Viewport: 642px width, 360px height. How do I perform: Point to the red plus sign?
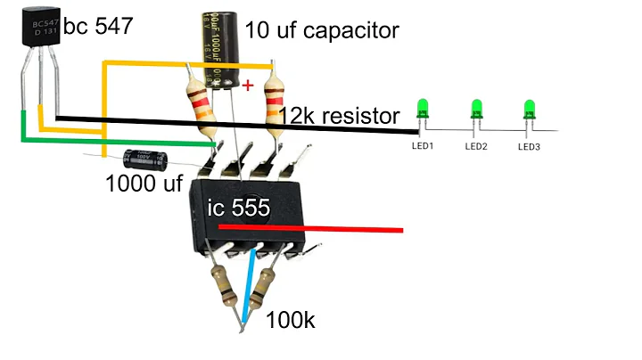[248, 86]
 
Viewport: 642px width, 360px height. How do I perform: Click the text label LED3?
[529, 146]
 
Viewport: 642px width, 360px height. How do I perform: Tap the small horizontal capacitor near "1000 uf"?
[144, 160]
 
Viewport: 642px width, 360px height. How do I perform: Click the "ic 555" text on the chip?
[239, 208]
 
